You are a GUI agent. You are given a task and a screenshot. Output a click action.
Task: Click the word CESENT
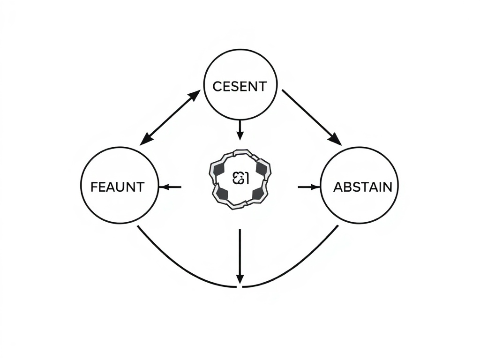coord(240,86)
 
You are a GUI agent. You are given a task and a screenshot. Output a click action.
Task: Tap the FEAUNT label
coord(117,187)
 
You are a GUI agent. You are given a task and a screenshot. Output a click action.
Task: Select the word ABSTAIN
coord(362,187)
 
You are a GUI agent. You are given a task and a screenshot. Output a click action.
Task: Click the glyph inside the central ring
coord(240,178)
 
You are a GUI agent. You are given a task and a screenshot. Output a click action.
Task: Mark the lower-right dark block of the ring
coord(257,193)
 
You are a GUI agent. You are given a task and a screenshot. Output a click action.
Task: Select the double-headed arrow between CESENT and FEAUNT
coord(171,118)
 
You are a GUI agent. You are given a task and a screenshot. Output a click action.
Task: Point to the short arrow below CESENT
coord(240,129)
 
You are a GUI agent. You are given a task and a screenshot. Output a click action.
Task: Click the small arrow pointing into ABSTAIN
coord(308,187)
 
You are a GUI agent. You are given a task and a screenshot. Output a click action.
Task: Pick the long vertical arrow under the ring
coord(240,255)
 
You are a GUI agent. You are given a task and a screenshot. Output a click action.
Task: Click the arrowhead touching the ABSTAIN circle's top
coord(335,139)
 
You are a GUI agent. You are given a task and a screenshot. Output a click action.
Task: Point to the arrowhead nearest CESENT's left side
coord(195,96)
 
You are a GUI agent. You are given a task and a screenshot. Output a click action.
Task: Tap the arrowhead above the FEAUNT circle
coord(146,140)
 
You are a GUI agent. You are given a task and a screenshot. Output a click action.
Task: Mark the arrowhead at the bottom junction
coord(240,278)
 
